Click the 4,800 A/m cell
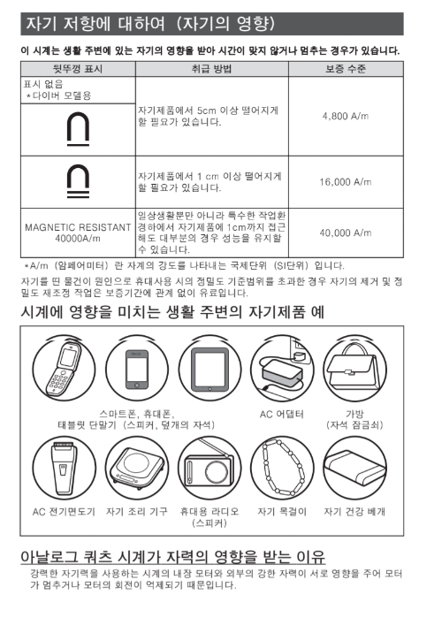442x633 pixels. [x=347, y=116]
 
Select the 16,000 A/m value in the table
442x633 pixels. [x=347, y=181]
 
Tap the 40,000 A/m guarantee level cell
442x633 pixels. [x=347, y=233]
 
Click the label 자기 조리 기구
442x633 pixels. [x=138, y=512]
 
